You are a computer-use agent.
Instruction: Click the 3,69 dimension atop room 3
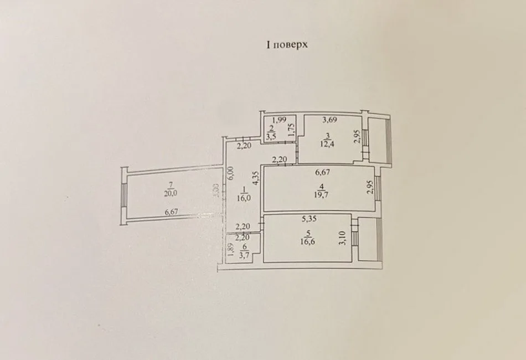coord(329,119)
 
